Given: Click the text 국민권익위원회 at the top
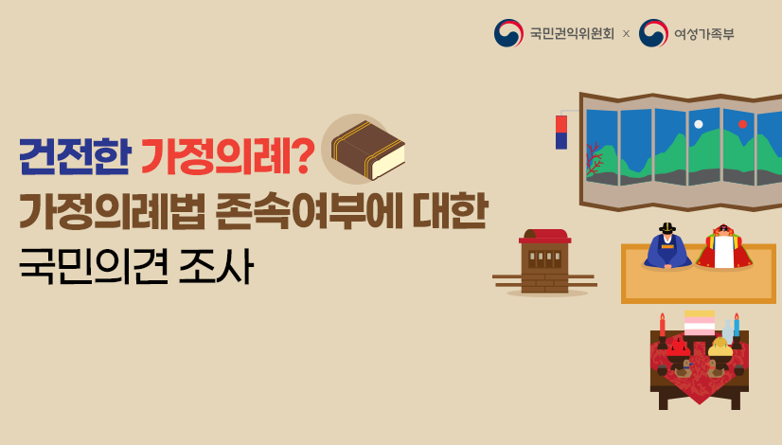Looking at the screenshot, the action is coord(572,33).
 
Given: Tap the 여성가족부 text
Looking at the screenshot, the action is coord(703,33).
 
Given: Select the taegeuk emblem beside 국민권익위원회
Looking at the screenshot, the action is coord(508,33).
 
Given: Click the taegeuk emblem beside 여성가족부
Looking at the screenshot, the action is coord(653,33).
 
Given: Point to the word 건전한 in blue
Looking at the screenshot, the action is coord(75,156).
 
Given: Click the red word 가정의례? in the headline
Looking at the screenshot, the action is coord(228,156).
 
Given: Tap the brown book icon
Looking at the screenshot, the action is coord(368,150).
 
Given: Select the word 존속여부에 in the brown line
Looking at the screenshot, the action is coord(310,211).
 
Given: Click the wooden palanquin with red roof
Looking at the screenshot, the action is coord(544,262).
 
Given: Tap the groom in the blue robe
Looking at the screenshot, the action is coord(667,246).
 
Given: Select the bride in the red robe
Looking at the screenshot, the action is coord(723,246).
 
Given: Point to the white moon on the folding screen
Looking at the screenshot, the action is coord(699,124).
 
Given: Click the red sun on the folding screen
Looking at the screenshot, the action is coord(742,124).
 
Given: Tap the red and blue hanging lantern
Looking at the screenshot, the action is coord(561,133).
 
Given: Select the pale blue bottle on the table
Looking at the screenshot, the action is coord(728,331).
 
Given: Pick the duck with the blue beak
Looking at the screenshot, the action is coord(683,368).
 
